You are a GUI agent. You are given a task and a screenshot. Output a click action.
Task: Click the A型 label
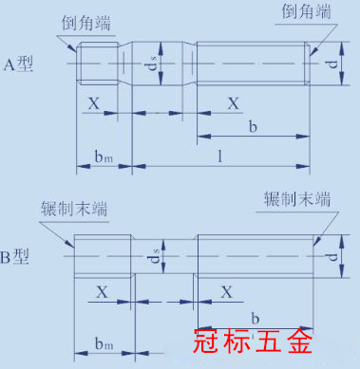[x=18, y=65]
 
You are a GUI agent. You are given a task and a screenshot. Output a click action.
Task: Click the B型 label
[x=15, y=257]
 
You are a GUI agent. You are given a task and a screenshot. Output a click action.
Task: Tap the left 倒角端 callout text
[x=86, y=24]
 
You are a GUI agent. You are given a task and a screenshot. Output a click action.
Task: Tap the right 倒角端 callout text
[x=306, y=11]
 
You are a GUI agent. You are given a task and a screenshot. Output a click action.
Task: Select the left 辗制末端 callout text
[x=74, y=209]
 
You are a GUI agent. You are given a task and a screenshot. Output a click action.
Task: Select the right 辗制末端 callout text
[x=297, y=199]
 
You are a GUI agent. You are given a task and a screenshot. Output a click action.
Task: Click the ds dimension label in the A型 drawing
[x=154, y=64]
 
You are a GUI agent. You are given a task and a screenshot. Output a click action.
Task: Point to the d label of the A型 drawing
[x=332, y=65]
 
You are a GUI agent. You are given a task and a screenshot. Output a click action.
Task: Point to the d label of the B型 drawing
[x=332, y=257]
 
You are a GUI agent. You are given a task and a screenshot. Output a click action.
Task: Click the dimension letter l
[x=219, y=157]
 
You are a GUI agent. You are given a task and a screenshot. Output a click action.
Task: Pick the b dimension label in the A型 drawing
[x=253, y=126]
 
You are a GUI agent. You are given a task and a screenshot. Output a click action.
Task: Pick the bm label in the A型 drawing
[x=104, y=157]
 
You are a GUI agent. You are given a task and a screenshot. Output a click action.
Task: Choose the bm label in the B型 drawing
[x=104, y=343]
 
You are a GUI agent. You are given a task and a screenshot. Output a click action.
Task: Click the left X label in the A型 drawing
[x=94, y=103]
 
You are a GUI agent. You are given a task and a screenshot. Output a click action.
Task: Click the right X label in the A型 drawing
[x=234, y=103]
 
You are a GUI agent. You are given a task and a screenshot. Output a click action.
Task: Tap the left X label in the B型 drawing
[x=103, y=292]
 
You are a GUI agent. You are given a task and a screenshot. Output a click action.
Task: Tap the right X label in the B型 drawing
[x=227, y=292]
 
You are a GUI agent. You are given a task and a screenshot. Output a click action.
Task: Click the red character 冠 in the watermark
[x=206, y=341]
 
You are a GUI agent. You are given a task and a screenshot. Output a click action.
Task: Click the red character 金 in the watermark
[x=299, y=341]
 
